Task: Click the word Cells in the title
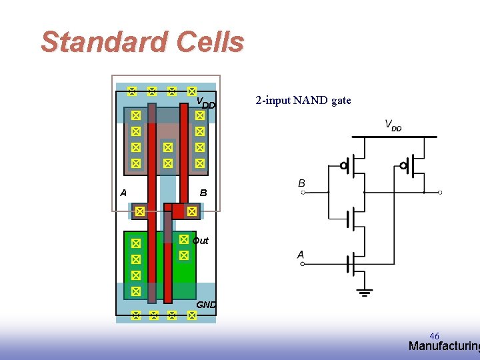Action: [x=210, y=42]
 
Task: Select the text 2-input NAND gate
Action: [x=303, y=101]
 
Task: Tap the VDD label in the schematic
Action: [x=393, y=125]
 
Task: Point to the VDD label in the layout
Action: [x=205, y=103]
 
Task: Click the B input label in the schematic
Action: [x=302, y=183]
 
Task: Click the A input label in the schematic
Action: [x=301, y=254]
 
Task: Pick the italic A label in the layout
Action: [x=123, y=193]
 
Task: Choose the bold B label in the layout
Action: [x=203, y=193]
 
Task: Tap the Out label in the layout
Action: [x=200, y=241]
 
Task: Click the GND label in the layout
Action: [x=206, y=305]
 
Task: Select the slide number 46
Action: [x=434, y=336]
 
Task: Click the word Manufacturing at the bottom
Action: [x=443, y=346]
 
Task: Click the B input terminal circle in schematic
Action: [x=303, y=193]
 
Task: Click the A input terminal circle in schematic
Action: [x=303, y=264]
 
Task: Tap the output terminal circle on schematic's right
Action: [x=440, y=192]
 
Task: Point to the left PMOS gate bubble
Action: [x=344, y=165]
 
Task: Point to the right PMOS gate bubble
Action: [x=403, y=165]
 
